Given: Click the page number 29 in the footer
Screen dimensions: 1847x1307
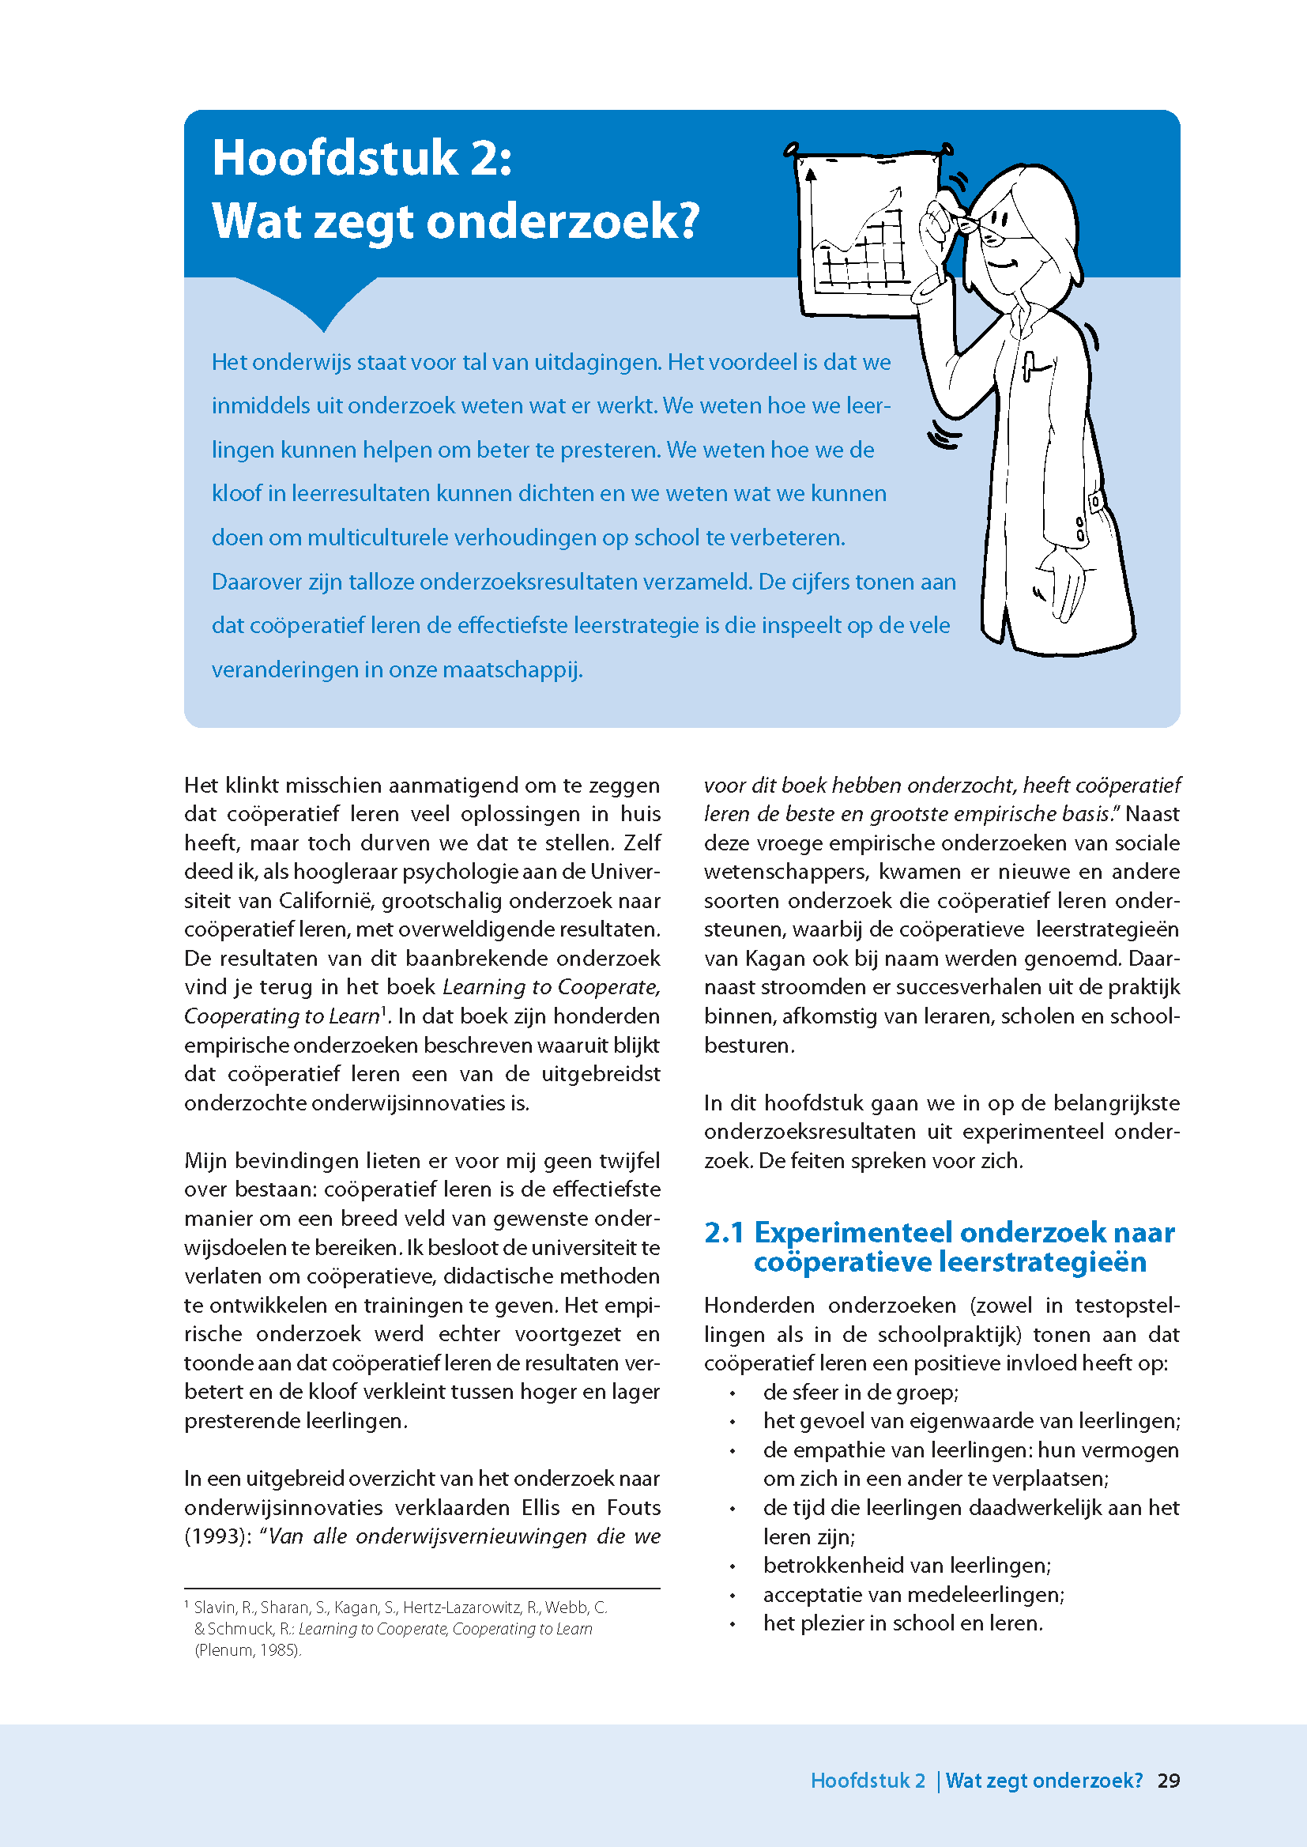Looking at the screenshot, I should point(1168,1780).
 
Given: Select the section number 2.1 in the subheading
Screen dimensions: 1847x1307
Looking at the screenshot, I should point(724,1232).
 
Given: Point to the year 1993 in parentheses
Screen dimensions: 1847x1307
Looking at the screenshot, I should point(215,1536).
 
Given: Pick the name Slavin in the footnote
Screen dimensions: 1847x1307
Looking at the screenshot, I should point(214,1608).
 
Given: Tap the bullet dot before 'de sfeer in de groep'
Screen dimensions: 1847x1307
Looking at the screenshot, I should point(733,1393).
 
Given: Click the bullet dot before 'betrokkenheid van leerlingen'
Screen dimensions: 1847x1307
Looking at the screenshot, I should point(733,1566).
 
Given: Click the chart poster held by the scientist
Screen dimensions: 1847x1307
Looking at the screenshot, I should point(861,233).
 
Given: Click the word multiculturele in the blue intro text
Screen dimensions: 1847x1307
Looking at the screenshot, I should point(378,537).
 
